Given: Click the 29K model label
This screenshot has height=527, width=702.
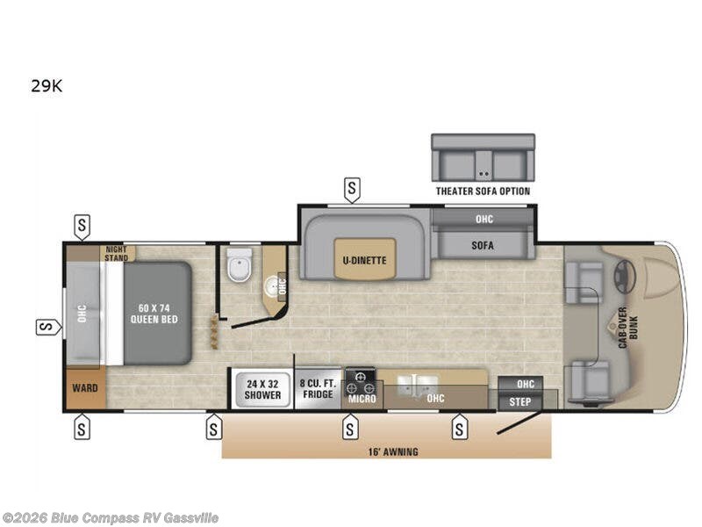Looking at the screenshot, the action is coord(47,85).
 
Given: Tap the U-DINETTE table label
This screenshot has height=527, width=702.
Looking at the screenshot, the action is coord(364,260).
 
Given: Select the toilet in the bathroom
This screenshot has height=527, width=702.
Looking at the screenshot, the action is coord(240,264).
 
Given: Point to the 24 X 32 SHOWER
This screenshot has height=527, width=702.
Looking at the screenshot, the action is coord(262,389).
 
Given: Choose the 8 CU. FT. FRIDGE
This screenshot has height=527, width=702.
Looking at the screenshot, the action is coord(318,389).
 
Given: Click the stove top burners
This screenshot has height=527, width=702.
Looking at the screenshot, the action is coord(361,382).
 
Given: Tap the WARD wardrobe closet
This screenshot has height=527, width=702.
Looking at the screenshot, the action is coord(85,387).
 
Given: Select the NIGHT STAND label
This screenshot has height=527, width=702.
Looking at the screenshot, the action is coord(117,253).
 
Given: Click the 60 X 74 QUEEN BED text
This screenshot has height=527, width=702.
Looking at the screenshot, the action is coord(154,314).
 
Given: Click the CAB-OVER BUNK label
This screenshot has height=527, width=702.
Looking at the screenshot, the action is coord(627,328).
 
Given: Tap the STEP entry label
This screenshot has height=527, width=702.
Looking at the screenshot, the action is coord(519,401).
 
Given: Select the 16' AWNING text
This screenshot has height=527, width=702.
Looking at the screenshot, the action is coord(393,451).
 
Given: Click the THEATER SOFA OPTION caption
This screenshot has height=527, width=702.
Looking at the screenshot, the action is coord(484,191).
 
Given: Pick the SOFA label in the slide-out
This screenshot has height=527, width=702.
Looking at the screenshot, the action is coord(483,245).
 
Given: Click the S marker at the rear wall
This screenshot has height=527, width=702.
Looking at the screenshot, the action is coord(48,327).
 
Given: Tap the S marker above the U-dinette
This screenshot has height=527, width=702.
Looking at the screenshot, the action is coord(352,190).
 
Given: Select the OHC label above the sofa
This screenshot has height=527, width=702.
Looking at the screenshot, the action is coord(484,219).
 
